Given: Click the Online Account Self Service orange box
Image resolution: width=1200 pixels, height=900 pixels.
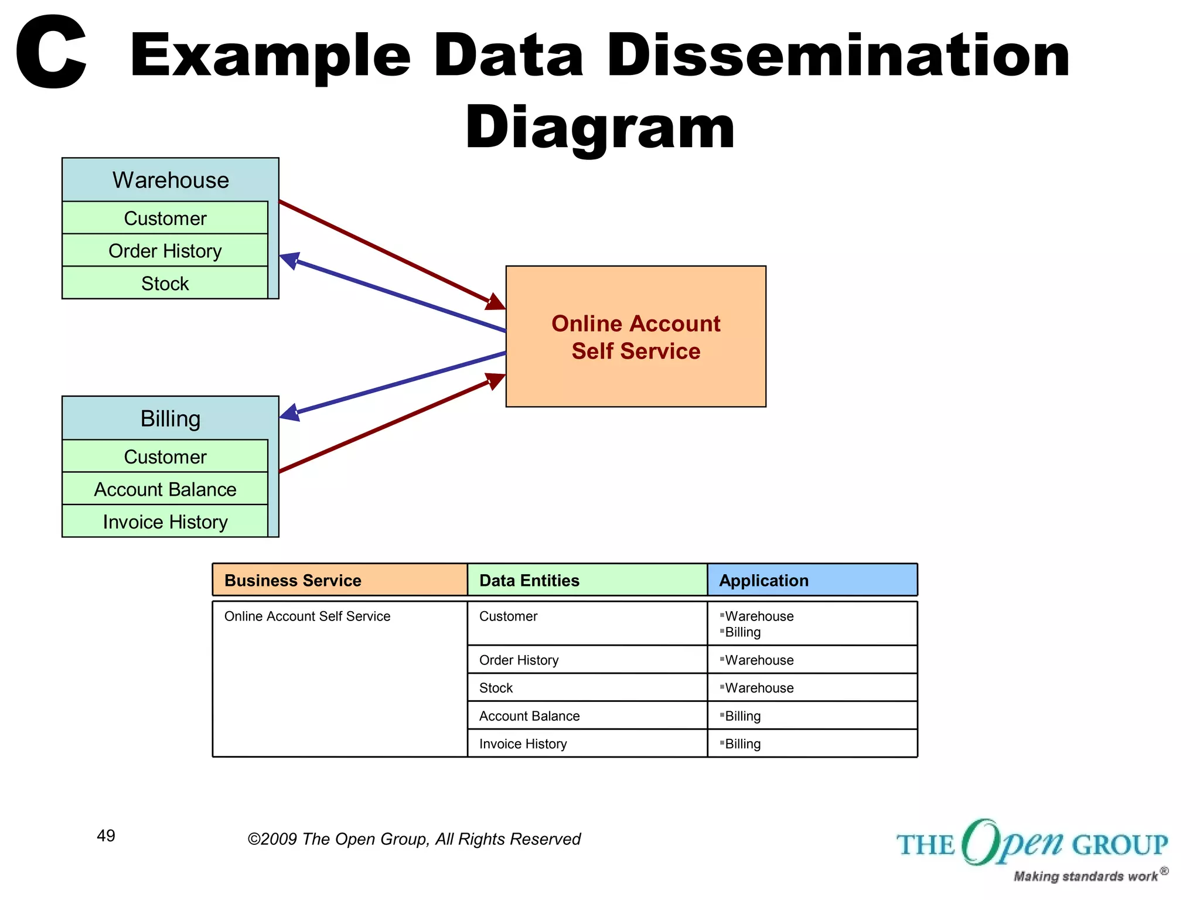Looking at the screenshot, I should click(636, 336).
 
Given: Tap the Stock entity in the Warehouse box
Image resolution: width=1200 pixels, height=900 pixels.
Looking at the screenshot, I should click(165, 284).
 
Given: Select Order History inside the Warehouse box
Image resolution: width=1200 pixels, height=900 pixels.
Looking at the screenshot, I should click(165, 251).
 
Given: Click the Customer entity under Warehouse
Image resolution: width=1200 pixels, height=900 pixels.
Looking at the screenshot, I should click(165, 219).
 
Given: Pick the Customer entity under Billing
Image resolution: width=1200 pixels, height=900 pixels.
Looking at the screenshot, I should click(165, 457).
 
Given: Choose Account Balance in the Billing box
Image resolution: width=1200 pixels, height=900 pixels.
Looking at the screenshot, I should click(165, 489).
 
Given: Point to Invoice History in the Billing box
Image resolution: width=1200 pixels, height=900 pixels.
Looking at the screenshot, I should click(165, 522).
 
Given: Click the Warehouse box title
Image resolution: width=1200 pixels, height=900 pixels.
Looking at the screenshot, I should click(171, 180).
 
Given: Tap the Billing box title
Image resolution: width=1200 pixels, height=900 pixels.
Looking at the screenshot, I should click(171, 418).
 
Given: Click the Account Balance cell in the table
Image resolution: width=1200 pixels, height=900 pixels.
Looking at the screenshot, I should click(529, 716).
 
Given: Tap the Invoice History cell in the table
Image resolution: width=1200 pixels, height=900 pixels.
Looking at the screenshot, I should click(523, 744).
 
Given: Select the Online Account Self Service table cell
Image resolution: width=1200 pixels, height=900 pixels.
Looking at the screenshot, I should click(307, 616).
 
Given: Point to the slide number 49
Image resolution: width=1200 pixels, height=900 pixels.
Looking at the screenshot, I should click(106, 836).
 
